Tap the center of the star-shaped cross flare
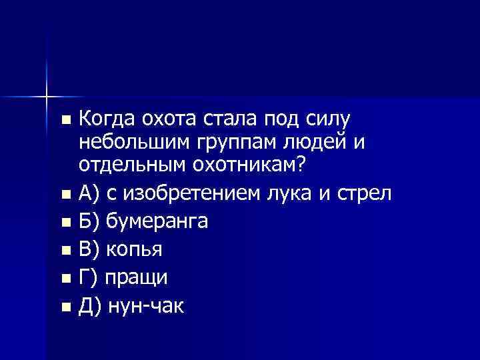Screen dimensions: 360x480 [x=47, y=97]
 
